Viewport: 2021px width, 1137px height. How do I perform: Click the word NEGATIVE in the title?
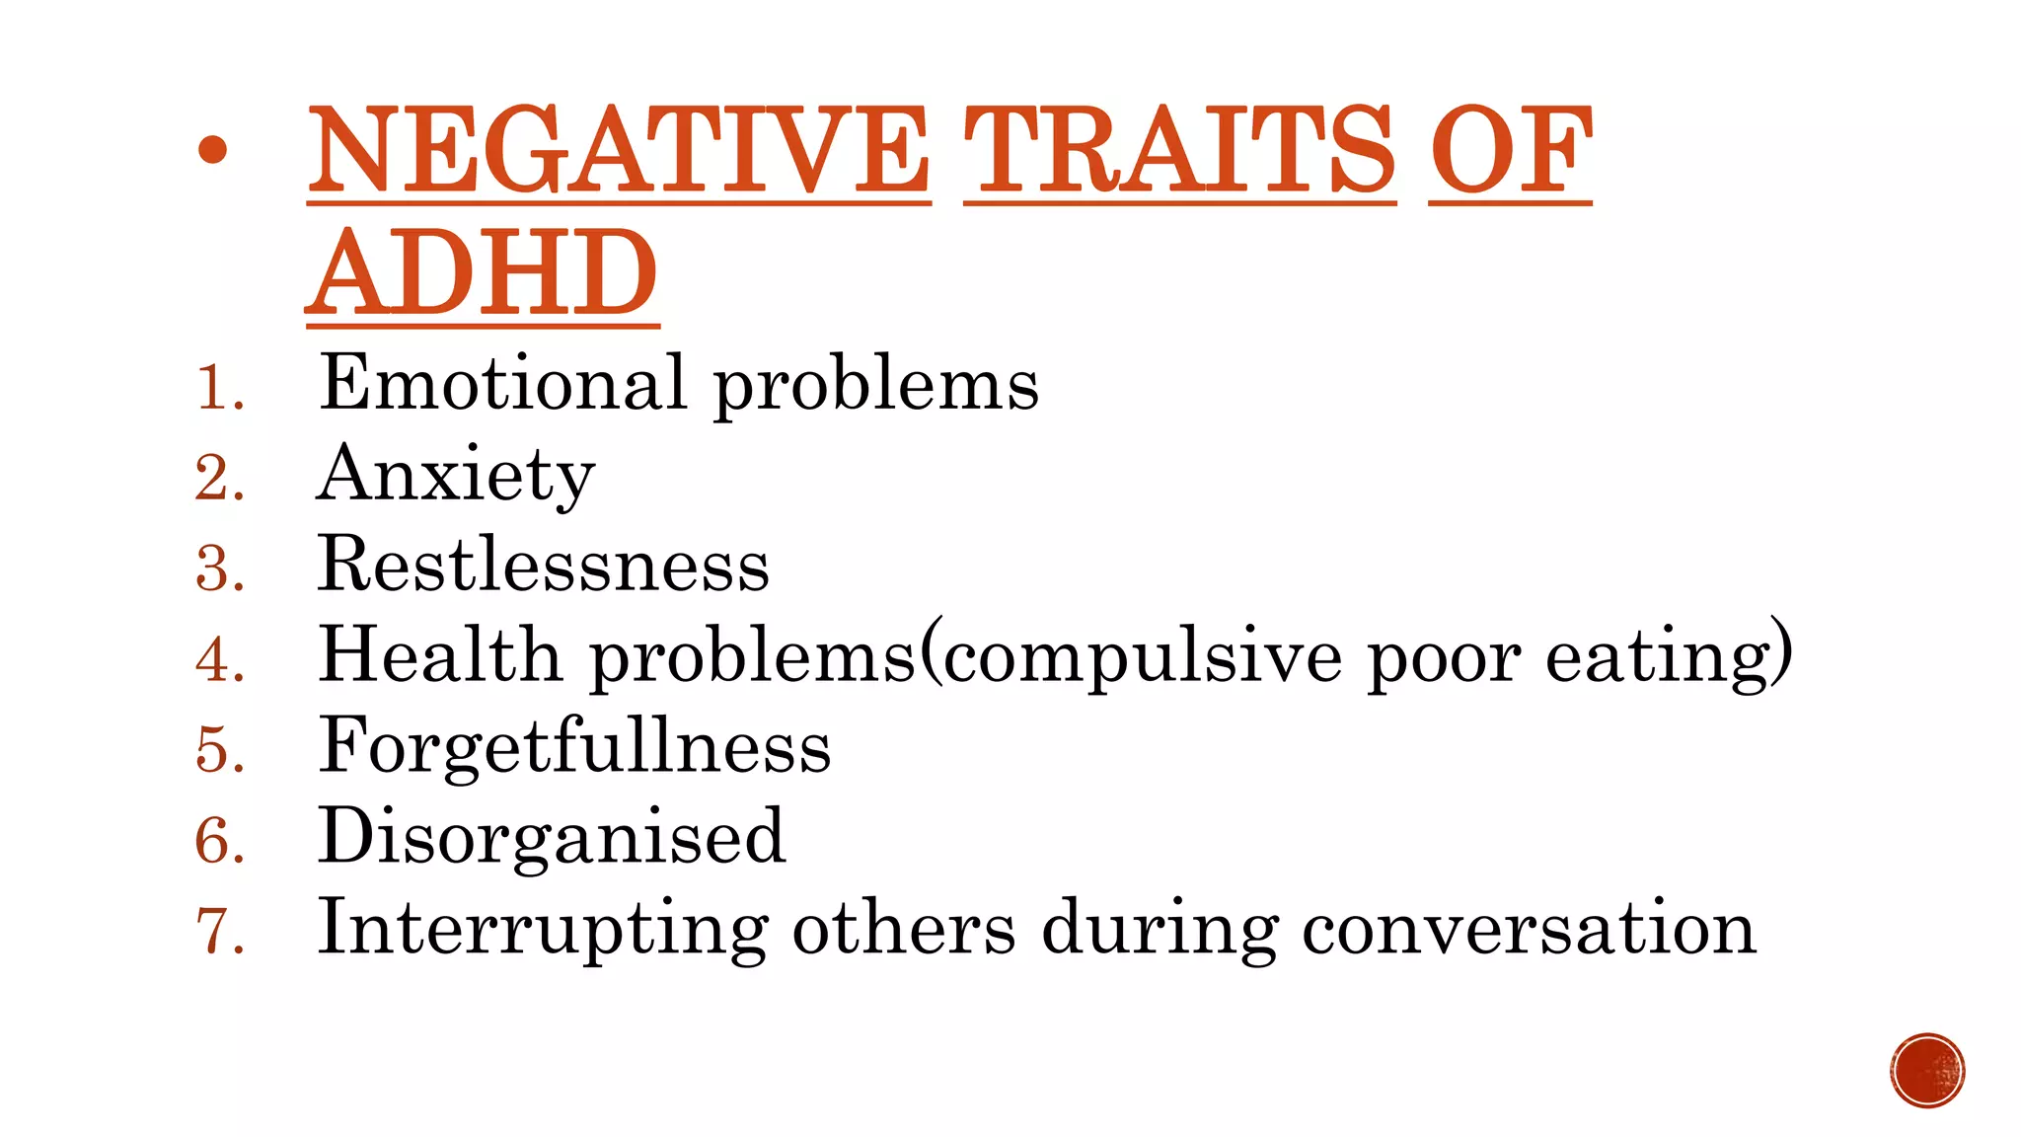pyautogui.click(x=619, y=152)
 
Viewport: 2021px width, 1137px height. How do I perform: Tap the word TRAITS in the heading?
pyautogui.click(x=1179, y=152)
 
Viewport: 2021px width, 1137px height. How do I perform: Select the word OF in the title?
pyautogui.click(x=1510, y=152)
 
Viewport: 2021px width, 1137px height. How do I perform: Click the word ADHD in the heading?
pyautogui.click(x=483, y=273)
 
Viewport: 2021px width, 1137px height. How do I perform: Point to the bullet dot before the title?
pyautogui.click(x=212, y=150)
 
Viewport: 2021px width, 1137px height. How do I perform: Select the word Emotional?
pyautogui.click(x=501, y=383)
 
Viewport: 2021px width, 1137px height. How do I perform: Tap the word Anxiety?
pyautogui.click(x=456, y=476)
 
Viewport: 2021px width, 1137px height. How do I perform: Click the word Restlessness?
pyautogui.click(x=543, y=566)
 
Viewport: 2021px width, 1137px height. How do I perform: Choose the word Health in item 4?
pyautogui.click(x=439, y=655)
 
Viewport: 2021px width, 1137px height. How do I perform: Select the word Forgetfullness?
pyautogui.click(x=574, y=747)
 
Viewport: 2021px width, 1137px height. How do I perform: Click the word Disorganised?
pyautogui.click(x=552, y=838)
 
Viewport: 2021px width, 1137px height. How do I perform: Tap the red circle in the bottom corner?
pyautogui.click(x=1927, y=1071)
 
